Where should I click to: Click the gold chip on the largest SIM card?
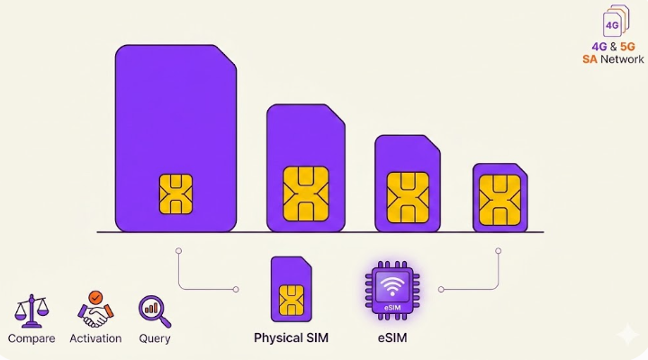coord(175,193)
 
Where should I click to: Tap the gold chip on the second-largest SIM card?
coord(306,193)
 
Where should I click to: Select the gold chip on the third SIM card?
coord(408,198)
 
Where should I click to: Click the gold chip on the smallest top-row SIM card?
coord(499,200)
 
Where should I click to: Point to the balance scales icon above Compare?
coord(31,310)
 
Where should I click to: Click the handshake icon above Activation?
coord(95,310)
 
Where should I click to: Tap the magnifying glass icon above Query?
coord(155,311)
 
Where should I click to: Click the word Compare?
coord(31,338)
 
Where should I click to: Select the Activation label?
coord(95,338)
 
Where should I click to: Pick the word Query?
coord(155,338)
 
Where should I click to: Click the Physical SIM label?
coord(291,337)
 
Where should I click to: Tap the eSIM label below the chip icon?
coord(392,337)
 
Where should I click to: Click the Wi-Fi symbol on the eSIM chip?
coord(392,286)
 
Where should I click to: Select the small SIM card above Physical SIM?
coord(291,289)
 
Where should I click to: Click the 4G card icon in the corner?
coord(616,21)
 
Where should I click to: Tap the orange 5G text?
coord(627,47)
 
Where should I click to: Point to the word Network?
coord(622,59)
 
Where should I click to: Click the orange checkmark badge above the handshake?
coord(95,297)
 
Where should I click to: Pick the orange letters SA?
coord(589,59)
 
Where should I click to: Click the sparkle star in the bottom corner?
coord(627,334)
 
